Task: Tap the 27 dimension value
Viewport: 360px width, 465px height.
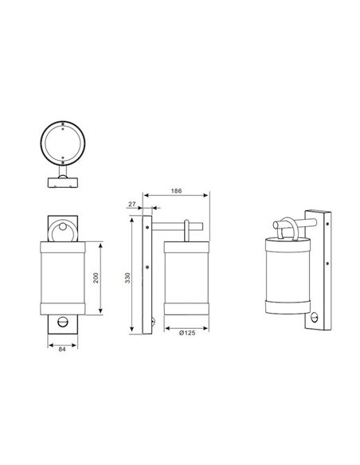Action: coord(131,205)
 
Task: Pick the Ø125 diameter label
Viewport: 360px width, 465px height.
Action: coord(186,334)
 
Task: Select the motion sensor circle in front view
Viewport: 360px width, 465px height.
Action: coord(63,322)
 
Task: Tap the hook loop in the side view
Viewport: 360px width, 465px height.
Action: coord(186,229)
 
